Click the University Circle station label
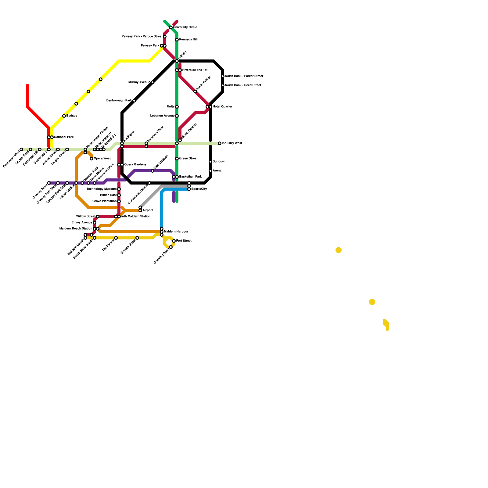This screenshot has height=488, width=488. [x=185, y=27]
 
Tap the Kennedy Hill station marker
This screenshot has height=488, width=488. [x=177, y=40]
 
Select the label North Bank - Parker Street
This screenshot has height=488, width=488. [x=244, y=76]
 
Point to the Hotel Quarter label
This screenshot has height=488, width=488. [x=222, y=107]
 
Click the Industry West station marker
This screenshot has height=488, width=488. [x=220, y=143]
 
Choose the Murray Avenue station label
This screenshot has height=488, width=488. [x=139, y=82]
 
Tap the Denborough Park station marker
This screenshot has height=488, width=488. [x=134, y=101]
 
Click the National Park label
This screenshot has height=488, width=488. [x=64, y=137]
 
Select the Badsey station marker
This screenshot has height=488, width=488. [x=64, y=116]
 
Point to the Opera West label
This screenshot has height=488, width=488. [x=102, y=159]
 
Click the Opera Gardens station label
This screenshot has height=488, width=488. [x=135, y=165]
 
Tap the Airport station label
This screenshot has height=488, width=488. [x=148, y=210]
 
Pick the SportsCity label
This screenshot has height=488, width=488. [x=199, y=189]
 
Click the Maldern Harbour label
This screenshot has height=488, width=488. [x=176, y=232]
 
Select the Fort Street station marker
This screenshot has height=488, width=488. [x=174, y=241]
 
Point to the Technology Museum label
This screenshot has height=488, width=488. [x=102, y=189]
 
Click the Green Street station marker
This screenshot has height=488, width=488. [x=177, y=159]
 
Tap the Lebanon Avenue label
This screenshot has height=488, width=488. [x=163, y=116]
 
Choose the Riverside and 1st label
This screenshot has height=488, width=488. [x=195, y=70]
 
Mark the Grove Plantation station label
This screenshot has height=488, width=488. [x=104, y=201]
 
